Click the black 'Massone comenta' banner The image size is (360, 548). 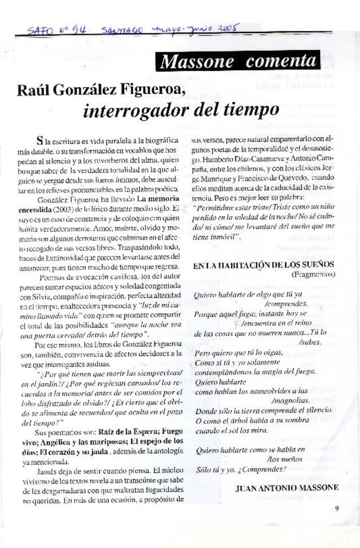[238, 61]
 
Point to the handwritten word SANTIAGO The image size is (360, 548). [122, 31]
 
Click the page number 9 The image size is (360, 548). [337, 508]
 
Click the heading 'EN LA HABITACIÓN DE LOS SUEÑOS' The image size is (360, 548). [263, 265]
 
